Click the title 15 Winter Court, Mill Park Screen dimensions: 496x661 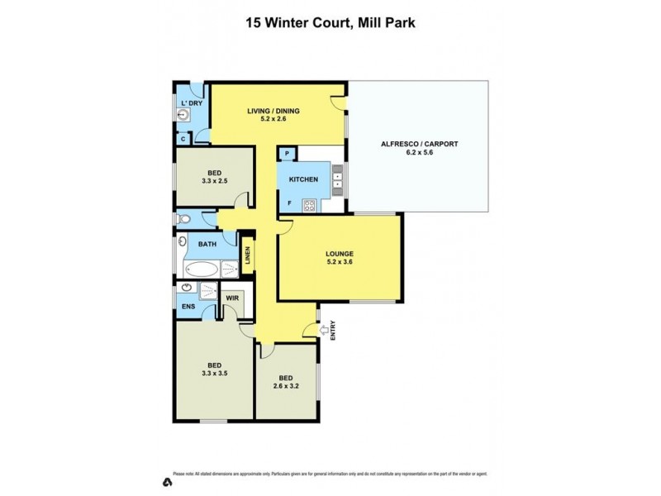point(330,23)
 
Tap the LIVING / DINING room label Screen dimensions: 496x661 point(274,111)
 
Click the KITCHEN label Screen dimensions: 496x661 point(303,179)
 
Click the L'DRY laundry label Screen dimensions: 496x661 point(191,103)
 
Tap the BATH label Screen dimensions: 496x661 point(207,245)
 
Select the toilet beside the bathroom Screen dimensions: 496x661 point(184,219)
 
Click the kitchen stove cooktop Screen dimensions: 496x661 point(309,206)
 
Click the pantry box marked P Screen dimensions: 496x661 point(287,154)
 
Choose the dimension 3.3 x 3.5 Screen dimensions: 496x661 point(215,373)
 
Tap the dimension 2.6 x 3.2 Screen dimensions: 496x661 point(286,384)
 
